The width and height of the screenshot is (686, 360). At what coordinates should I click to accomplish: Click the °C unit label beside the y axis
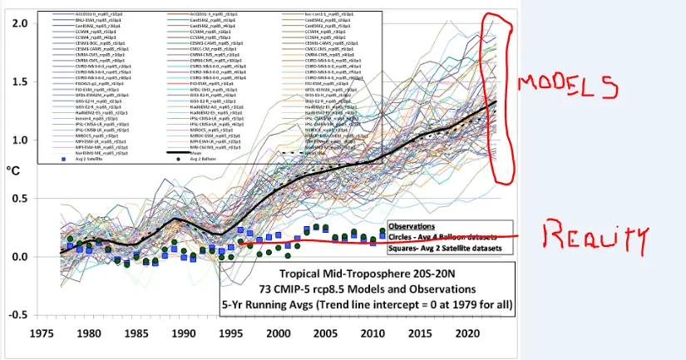point(14,171)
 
